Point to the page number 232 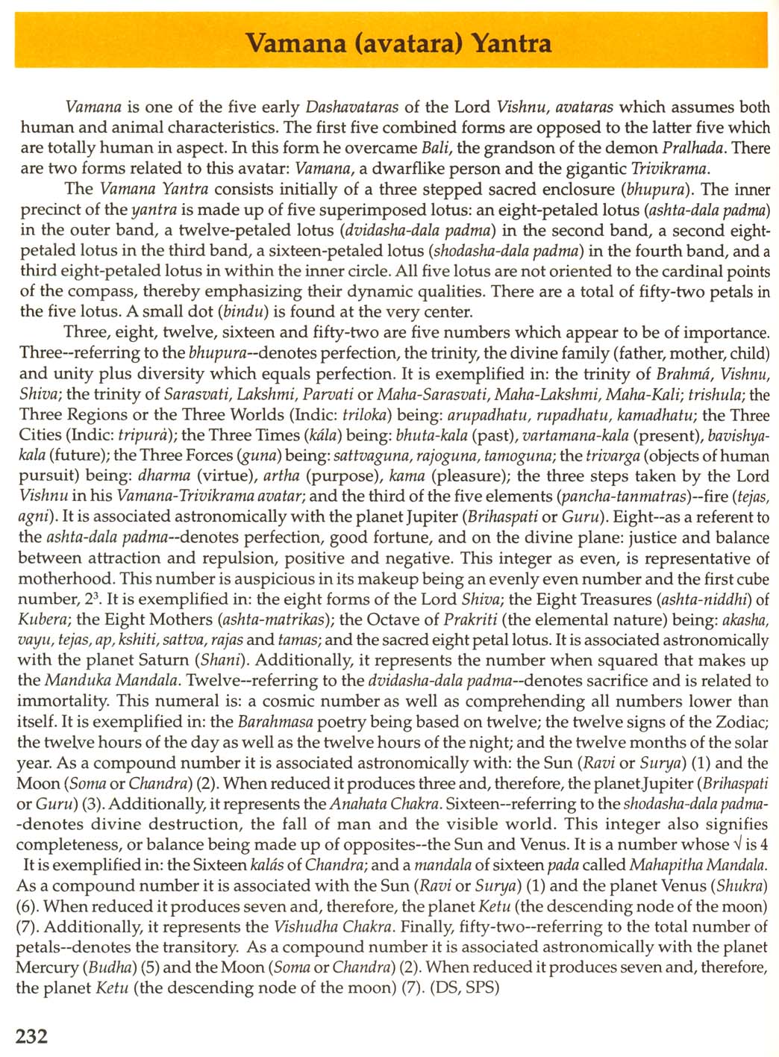[32, 1036]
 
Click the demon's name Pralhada [698, 147]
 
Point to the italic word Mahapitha [666, 865]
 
